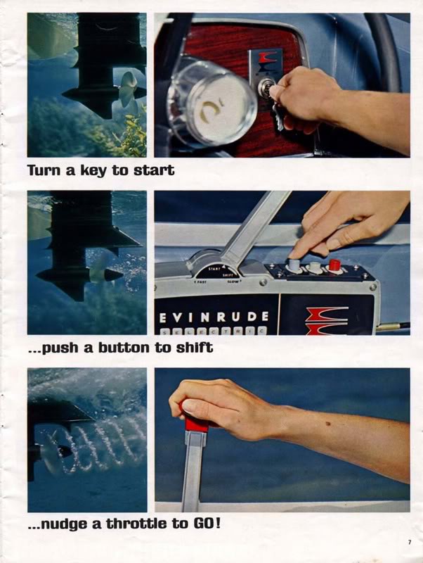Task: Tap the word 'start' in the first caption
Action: pos(154,170)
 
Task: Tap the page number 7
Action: pos(408,542)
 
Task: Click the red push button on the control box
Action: pos(334,265)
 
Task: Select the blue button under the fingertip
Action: pos(294,265)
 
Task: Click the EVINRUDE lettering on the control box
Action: pos(214,315)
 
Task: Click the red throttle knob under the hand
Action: pos(195,422)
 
